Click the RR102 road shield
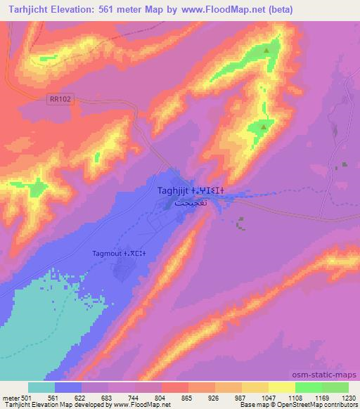(61, 100)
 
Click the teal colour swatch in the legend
(41, 387)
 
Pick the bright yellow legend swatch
(282, 387)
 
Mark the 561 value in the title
(113, 10)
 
